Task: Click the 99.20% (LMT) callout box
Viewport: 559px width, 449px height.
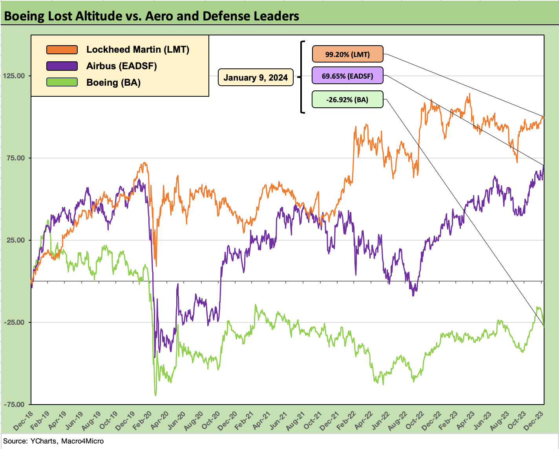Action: pyautogui.click(x=347, y=54)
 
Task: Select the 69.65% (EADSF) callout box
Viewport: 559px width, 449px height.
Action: pyautogui.click(x=347, y=75)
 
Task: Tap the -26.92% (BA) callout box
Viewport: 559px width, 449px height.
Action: pyautogui.click(x=347, y=99)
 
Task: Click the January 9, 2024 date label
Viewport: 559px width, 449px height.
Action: pyautogui.click(x=256, y=77)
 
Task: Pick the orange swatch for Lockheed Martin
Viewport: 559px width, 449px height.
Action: pyautogui.click(x=62, y=50)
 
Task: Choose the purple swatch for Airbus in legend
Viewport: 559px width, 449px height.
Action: pyautogui.click(x=62, y=66)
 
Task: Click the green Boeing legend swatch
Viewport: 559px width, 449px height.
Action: pyautogui.click(x=62, y=83)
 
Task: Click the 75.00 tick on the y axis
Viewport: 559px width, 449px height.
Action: pyautogui.click(x=15, y=158)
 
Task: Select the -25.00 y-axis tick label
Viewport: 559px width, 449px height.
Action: pyautogui.click(x=14, y=322)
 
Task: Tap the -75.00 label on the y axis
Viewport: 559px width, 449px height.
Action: pyautogui.click(x=14, y=405)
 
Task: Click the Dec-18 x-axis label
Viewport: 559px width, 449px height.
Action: pyautogui.click(x=23, y=420)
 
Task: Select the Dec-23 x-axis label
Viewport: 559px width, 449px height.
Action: pyautogui.click(x=535, y=420)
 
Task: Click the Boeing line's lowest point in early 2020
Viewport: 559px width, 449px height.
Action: pyautogui.click(x=155, y=395)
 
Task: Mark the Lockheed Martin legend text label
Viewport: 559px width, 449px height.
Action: pyautogui.click(x=138, y=50)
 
